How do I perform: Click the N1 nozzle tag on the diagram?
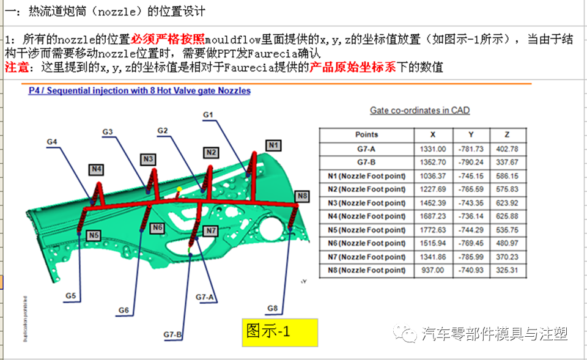[x=273, y=145]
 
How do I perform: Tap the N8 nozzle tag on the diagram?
[x=302, y=196]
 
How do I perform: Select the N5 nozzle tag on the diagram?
[x=94, y=235]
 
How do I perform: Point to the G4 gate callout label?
[x=53, y=142]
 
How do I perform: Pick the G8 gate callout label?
[x=272, y=307]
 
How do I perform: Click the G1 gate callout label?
[x=208, y=114]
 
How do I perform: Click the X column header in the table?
[x=433, y=134]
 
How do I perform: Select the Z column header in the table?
[x=507, y=134]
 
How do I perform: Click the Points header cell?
[x=366, y=134]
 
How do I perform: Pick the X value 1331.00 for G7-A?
[x=433, y=149]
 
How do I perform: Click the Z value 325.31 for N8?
[x=507, y=270]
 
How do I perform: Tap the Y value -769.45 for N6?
[x=471, y=243]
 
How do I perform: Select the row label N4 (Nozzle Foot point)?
[x=366, y=216]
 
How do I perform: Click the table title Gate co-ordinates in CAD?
[x=419, y=111]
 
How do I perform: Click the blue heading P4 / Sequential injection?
[x=139, y=91]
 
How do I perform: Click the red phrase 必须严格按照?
[x=168, y=40]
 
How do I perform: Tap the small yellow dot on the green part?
[x=179, y=189]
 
